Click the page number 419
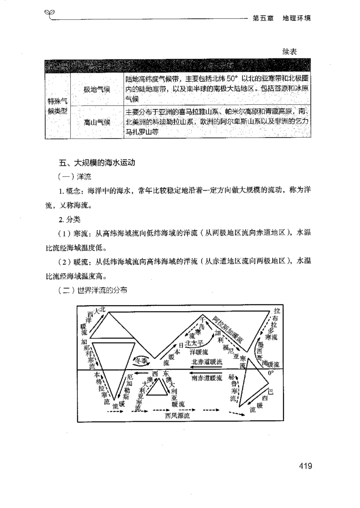(305, 465)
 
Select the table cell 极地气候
(97, 89)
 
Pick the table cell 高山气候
(97, 122)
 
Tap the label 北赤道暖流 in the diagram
(207, 361)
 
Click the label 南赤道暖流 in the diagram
(207, 378)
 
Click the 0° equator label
(270, 373)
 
